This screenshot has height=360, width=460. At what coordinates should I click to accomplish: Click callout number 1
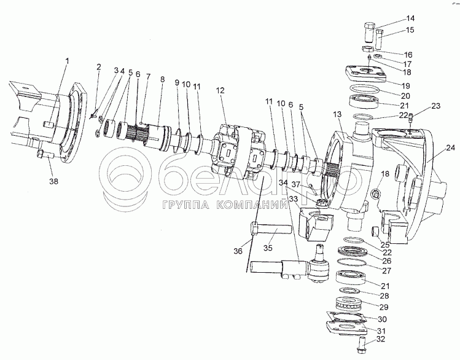pyautogui.click(x=67, y=60)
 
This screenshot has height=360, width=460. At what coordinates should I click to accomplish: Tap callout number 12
pyautogui.click(x=219, y=91)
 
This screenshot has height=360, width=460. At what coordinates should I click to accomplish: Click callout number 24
pyautogui.click(x=450, y=147)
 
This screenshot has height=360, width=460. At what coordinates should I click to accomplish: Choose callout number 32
pyautogui.click(x=381, y=338)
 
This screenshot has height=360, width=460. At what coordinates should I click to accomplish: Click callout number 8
pyautogui.click(x=162, y=79)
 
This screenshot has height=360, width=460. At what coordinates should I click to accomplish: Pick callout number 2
pyautogui.click(x=98, y=66)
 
